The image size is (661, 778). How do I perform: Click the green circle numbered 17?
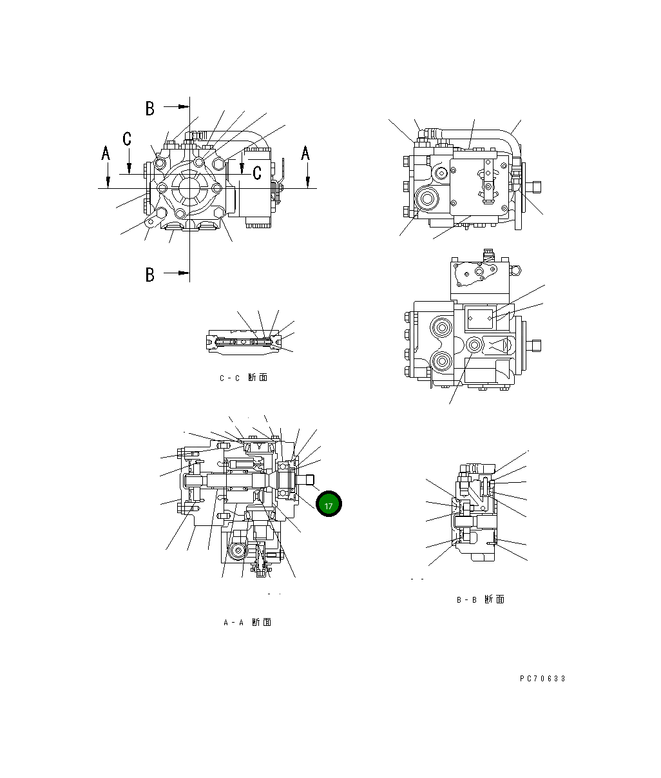329,505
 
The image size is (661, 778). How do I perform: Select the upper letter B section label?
149,108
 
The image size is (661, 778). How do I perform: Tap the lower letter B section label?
149,275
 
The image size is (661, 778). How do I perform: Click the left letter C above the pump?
128,139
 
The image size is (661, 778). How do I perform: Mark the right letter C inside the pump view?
256,172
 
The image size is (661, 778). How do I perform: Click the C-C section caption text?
243,378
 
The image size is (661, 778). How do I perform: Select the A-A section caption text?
247,623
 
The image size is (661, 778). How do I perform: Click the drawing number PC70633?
542,679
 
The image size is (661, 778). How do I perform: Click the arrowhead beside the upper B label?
184,106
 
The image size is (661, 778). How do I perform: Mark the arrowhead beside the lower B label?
184,273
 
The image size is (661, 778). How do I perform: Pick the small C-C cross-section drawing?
245,341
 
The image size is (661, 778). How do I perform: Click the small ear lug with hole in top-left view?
150,223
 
